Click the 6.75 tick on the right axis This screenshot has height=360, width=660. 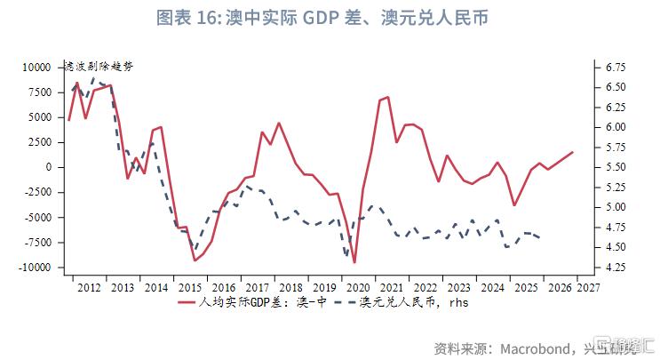tap(614, 67)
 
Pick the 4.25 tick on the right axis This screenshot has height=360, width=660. tap(614, 268)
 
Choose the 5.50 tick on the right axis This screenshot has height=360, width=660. tap(614, 167)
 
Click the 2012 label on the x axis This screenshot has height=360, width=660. tap(88, 287)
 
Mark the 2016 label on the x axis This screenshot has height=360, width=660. tap(223, 287)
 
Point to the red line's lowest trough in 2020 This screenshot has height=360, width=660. tap(354, 262)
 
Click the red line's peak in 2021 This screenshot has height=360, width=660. tap(388, 97)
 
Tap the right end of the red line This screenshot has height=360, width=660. tap(573, 152)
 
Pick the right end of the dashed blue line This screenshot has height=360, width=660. tap(542, 237)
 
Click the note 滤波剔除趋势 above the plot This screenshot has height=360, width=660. tap(98, 67)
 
